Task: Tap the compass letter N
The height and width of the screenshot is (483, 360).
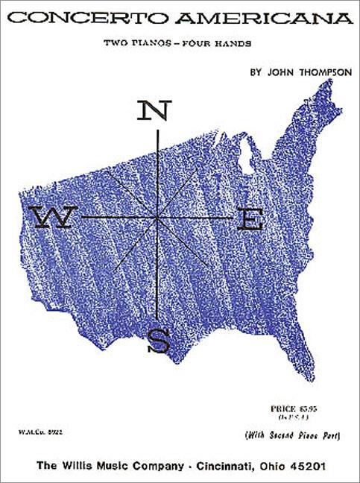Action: tap(153, 111)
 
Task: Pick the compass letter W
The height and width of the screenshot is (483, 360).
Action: tap(52, 217)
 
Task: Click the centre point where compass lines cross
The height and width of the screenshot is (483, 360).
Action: tap(158, 217)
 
